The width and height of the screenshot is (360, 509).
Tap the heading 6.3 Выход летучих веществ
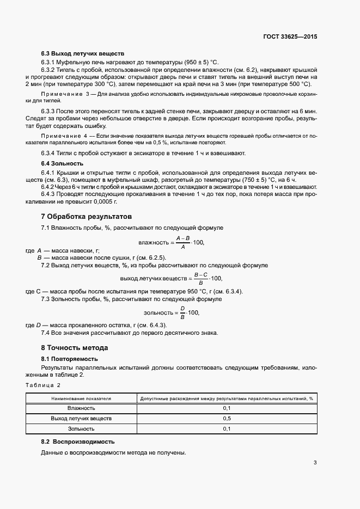(83, 54)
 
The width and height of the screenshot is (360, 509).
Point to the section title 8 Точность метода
(75, 347)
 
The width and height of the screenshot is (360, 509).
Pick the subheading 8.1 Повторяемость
(69, 359)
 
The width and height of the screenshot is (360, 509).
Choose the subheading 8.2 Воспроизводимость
(78, 441)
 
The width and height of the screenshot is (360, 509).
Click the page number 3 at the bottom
(315, 463)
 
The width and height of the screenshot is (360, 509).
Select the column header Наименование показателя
(81, 398)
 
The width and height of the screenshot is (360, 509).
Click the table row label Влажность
(81, 408)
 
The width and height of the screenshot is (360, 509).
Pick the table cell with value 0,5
(227, 419)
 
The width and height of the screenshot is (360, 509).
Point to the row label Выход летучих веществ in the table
(81, 419)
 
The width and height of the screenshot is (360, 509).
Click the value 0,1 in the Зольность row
(227, 429)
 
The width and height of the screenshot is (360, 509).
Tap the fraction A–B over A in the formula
(182, 242)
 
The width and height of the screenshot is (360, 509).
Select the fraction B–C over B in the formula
(201, 278)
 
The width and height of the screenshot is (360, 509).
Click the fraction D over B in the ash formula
(182, 313)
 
